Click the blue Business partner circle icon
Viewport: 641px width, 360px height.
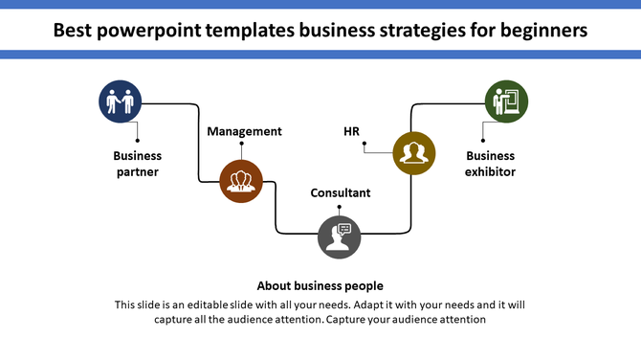point(121,101)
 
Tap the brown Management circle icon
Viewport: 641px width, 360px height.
point(240,180)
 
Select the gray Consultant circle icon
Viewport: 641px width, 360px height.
point(340,236)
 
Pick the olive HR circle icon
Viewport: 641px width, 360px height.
point(414,153)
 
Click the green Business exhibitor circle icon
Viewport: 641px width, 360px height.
point(506,101)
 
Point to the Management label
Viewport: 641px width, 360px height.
point(245,131)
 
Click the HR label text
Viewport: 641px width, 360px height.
point(351,131)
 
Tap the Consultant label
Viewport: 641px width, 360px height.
point(341,192)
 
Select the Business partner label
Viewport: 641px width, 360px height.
point(138,164)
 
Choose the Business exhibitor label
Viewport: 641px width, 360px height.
point(491,164)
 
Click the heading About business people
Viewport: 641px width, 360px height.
point(320,285)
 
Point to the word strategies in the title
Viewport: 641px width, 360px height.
point(417,31)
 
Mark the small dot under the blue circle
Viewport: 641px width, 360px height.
point(138,141)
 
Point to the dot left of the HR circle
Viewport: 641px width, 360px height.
point(365,148)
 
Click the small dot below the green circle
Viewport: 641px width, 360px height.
point(483,140)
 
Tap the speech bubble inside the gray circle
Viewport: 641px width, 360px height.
point(345,228)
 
